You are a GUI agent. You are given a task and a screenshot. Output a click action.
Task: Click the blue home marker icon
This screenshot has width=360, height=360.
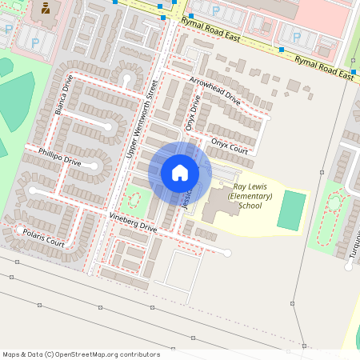[179, 172]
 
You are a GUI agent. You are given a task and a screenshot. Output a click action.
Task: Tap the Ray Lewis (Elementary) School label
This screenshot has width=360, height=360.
[250, 195]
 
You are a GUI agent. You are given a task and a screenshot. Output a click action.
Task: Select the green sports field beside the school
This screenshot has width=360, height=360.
[292, 210]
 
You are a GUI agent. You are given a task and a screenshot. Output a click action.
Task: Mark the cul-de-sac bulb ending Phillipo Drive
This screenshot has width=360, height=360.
[95, 167]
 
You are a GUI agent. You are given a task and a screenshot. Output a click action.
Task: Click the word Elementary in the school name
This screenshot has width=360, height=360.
[250, 196]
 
